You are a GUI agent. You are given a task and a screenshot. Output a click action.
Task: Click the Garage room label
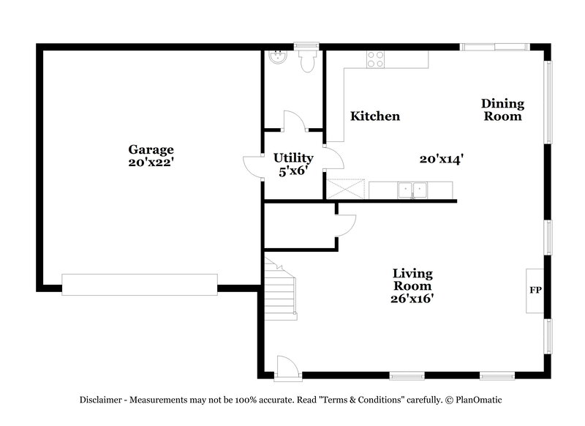pos(152,149)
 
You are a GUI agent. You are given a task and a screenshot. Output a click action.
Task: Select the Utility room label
pos(293,157)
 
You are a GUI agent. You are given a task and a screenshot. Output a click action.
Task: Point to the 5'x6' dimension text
pos(293,171)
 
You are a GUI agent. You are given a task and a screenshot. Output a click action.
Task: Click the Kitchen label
pos(375,116)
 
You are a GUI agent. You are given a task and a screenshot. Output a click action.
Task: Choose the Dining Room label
pos(502,110)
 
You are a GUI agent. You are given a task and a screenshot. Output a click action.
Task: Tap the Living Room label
pos(413,280)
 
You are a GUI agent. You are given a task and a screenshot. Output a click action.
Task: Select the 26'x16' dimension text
pos(413,299)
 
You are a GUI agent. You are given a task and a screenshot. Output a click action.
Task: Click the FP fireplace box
pos(535,291)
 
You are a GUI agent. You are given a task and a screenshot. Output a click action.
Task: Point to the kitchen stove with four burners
pos(375,59)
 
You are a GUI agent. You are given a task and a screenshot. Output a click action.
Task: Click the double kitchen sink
pos(412,190)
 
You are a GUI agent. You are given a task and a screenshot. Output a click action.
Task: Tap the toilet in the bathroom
pos(306,60)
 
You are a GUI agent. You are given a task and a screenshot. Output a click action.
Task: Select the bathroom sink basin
pos(277,57)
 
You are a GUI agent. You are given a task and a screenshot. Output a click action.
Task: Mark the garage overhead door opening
pos(139,284)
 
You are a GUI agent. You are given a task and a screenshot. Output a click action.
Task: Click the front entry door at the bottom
pos(287,367)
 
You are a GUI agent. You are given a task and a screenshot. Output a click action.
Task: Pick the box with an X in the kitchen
pos(345,190)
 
